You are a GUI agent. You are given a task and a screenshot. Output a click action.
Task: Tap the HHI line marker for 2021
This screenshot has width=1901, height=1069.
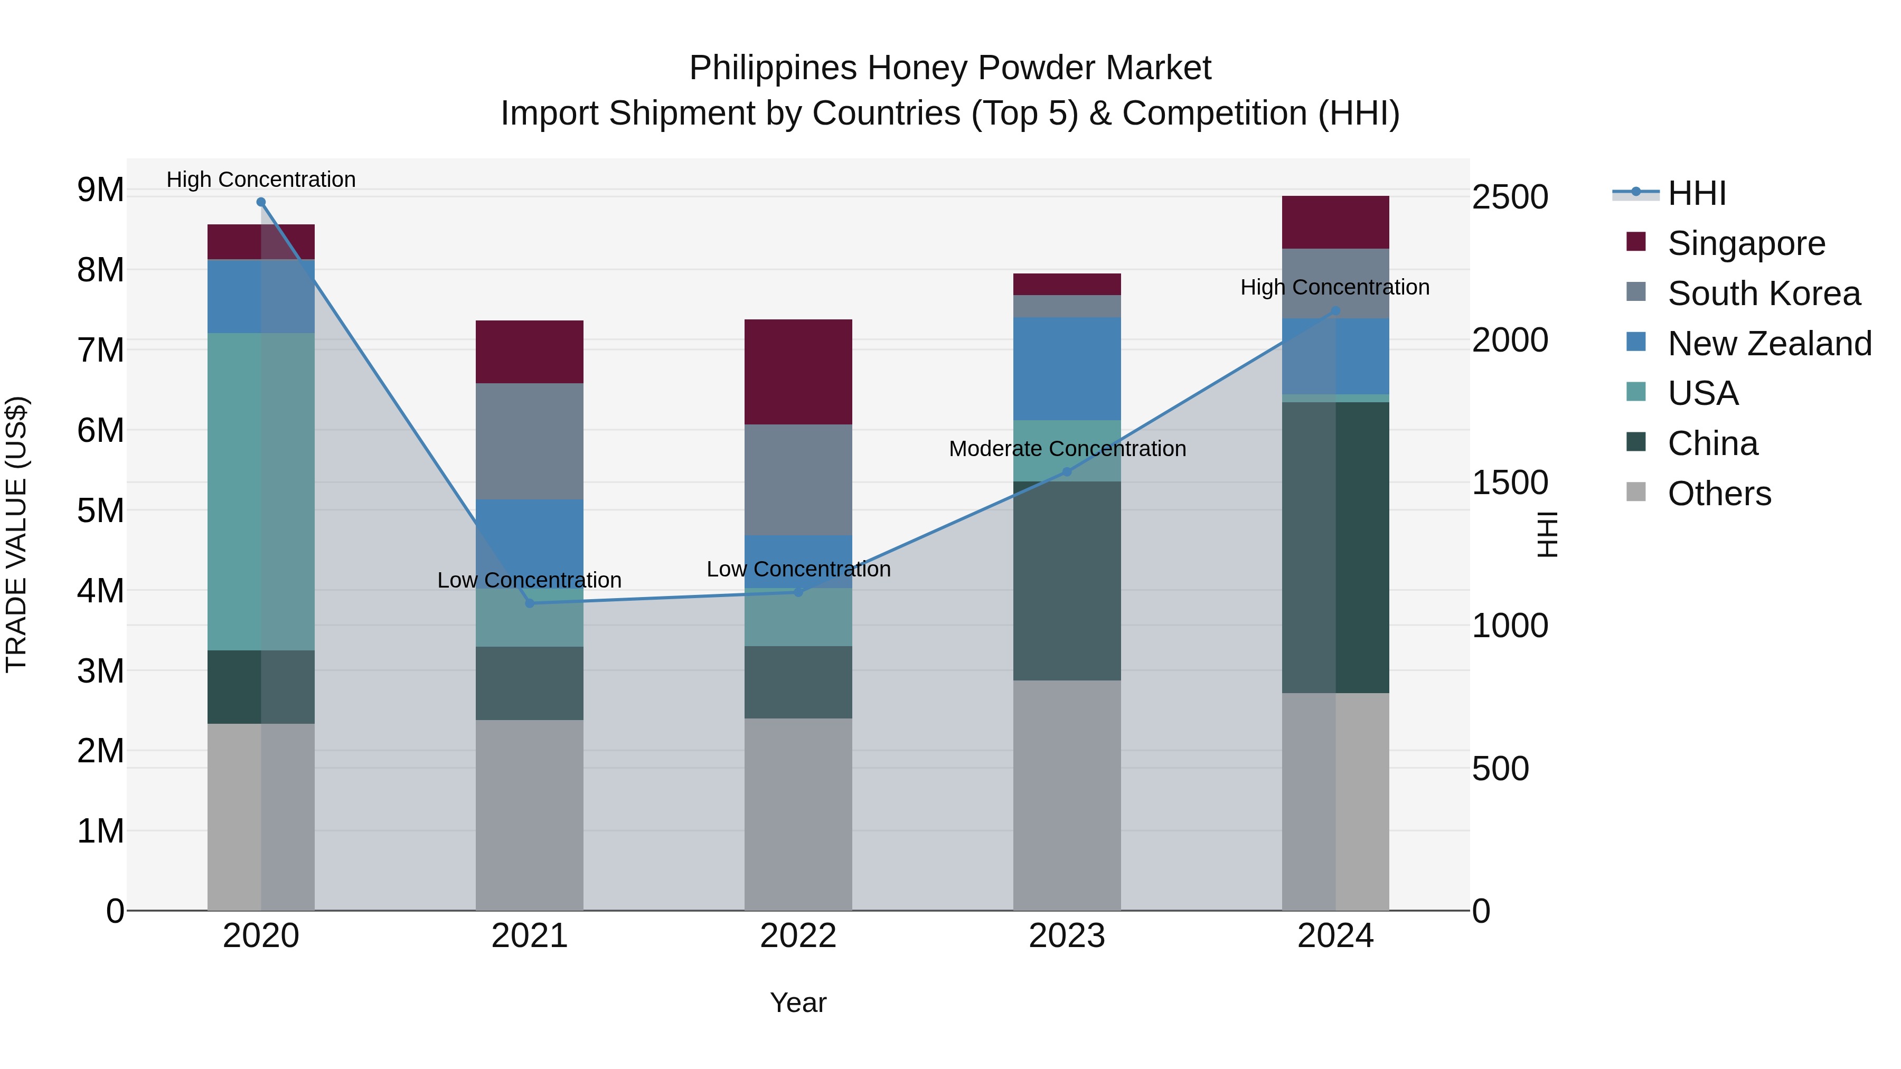(529, 603)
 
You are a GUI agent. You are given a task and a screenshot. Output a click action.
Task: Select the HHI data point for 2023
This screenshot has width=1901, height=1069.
(1066, 471)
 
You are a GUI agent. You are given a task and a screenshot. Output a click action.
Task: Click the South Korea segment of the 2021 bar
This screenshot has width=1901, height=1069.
(529, 441)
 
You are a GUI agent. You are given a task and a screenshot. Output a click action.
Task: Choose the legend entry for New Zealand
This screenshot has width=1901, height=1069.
(1769, 344)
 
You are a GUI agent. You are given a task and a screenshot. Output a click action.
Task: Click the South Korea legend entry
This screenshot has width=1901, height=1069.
(1763, 294)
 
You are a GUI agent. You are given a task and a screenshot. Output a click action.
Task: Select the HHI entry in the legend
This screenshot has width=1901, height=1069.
(1696, 193)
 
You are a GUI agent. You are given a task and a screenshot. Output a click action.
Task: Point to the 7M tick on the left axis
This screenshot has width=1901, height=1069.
(100, 351)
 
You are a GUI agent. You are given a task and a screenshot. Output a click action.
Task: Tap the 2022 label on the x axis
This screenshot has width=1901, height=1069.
(798, 936)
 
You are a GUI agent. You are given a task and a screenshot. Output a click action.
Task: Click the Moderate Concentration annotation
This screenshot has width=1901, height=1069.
(1067, 449)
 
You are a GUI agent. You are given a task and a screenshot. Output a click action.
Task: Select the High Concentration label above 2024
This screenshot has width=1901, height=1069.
(1334, 287)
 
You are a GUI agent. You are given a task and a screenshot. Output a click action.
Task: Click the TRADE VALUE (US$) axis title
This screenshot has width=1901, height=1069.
(16, 534)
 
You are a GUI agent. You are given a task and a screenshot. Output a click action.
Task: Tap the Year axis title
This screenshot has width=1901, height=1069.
(798, 1002)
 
